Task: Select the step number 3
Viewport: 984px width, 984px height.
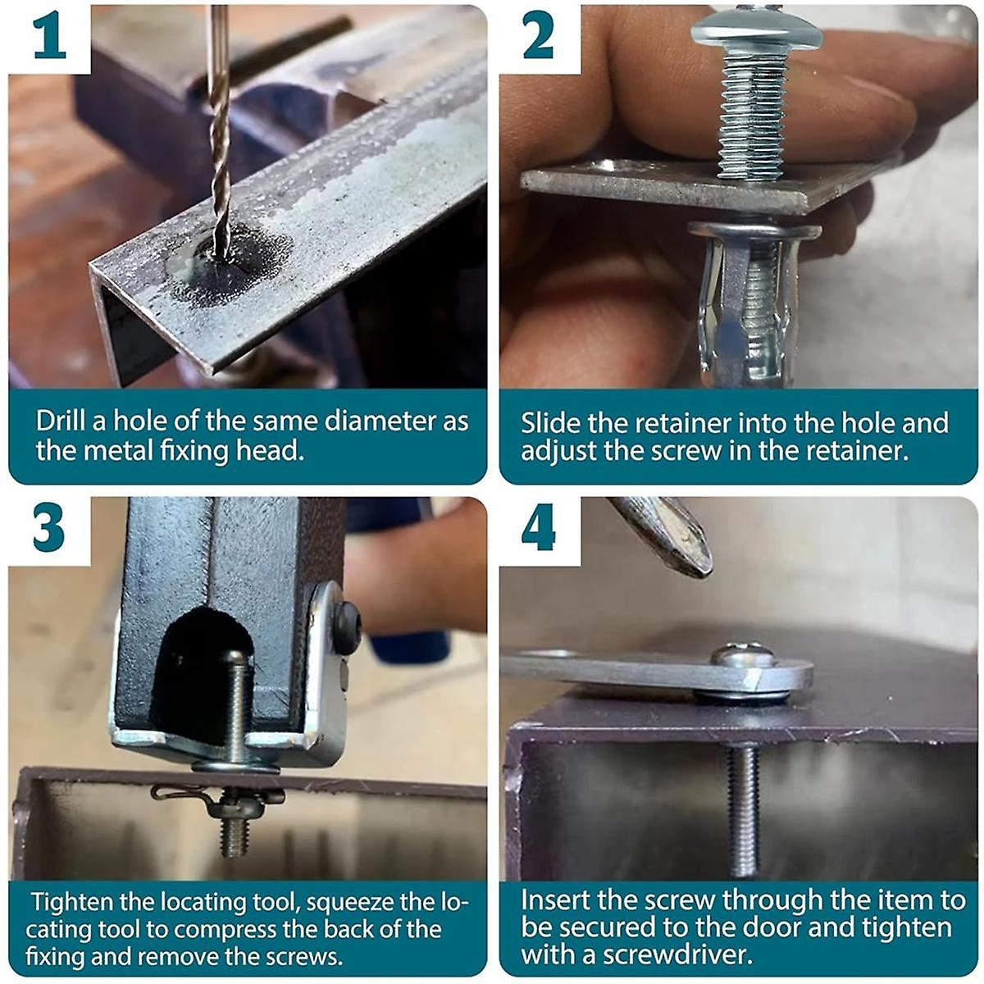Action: pos(48,530)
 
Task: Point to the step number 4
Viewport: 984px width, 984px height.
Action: pos(539,530)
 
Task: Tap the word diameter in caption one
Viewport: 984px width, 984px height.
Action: pos(380,421)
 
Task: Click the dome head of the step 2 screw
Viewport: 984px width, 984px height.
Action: pos(757,29)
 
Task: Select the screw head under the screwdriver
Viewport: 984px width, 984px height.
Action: pos(744,655)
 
